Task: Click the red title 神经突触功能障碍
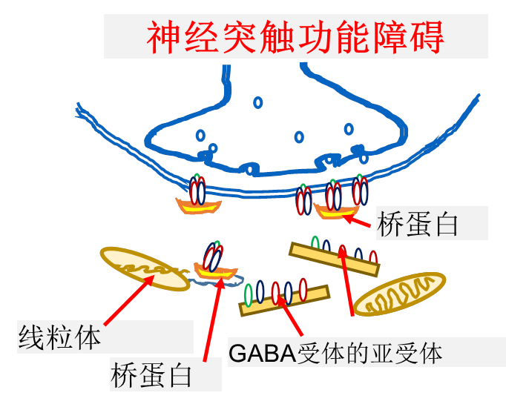[295, 36]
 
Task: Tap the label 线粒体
[59, 339]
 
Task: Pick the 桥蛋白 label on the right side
[418, 223]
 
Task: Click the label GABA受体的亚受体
[335, 353]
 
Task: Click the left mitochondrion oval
[145, 269]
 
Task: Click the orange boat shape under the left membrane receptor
[197, 205]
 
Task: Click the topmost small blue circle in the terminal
[257, 102]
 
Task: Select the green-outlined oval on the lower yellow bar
[249, 294]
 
